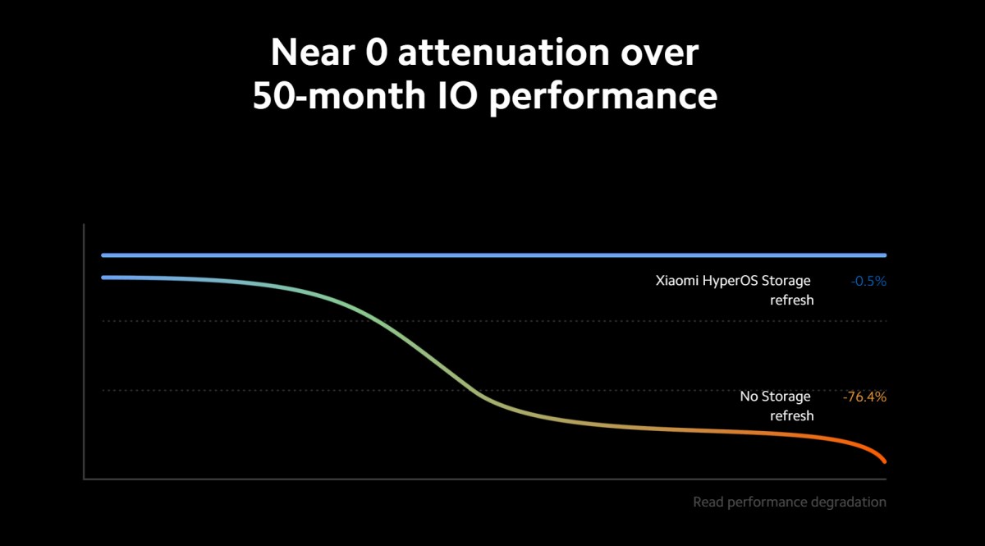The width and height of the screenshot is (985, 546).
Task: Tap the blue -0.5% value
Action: coord(868,281)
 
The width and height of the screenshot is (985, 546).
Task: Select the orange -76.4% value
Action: coord(864,397)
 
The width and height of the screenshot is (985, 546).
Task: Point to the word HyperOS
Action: coord(730,282)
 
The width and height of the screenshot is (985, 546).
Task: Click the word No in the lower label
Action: coord(749,397)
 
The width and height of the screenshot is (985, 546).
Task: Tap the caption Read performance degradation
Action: coord(789,502)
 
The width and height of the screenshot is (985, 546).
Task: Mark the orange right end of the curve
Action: coord(883,460)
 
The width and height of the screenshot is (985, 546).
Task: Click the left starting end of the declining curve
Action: coord(103,278)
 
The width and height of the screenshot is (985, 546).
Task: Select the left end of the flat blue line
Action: coord(103,255)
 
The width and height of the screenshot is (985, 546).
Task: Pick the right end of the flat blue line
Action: coord(884,255)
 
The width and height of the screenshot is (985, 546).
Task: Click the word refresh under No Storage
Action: coord(791,415)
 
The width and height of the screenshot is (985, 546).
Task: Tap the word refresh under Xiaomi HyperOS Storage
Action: coord(791,300)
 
